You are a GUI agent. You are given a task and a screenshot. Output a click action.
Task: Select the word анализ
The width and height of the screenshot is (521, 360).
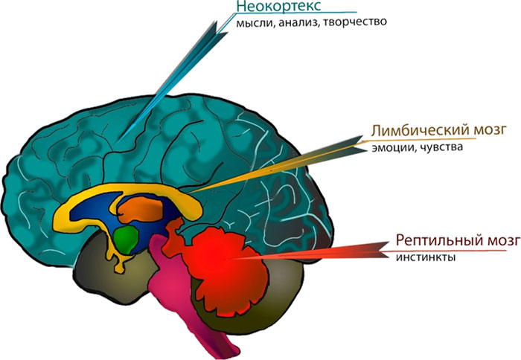[x=296, y=23]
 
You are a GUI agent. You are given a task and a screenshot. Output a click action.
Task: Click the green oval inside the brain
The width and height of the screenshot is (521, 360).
[x=127, y=238]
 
